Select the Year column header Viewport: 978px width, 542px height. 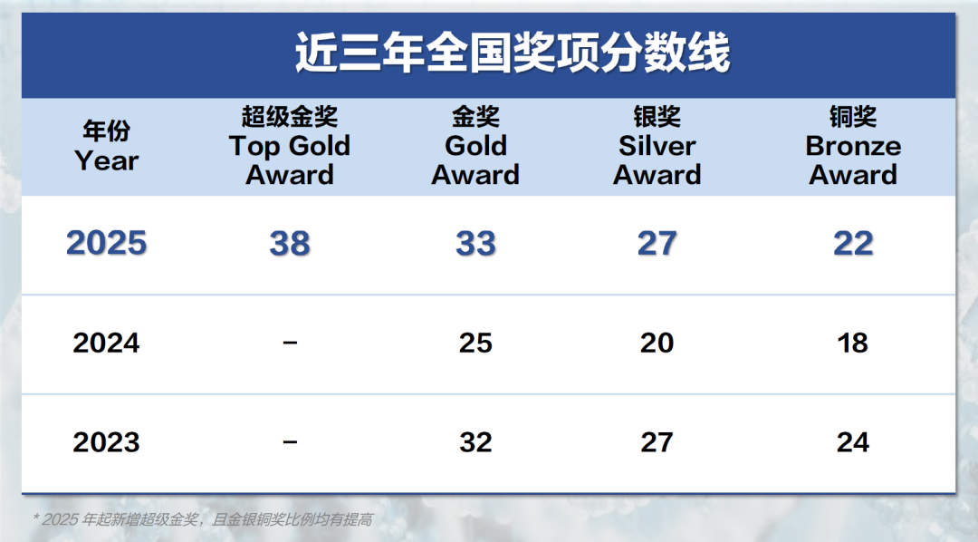point(107,147)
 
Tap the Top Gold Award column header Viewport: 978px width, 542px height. point(290,146)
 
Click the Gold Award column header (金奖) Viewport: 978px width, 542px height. point(475,146)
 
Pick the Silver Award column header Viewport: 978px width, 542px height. point(657,146)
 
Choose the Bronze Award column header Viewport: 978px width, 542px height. point(853,146)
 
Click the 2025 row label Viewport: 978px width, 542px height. point(107,244)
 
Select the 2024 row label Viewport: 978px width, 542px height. point(107,344)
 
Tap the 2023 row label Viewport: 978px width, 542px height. point(107,442)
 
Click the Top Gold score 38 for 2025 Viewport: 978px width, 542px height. point(290,244)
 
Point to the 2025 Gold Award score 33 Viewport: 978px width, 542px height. point(475,244)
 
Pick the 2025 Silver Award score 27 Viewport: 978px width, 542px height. point(657,244)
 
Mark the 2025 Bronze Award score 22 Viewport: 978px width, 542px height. point(853,244)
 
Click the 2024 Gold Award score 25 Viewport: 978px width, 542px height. point(475,344)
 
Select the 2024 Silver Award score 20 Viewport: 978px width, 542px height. point(657,344)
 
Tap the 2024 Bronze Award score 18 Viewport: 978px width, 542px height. point(853,344)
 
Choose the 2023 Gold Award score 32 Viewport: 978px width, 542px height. point(475,442)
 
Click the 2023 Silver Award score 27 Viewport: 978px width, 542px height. point(657,442)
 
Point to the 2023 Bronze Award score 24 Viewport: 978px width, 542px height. point(853,442)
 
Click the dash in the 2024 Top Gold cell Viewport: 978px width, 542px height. point(290,344)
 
